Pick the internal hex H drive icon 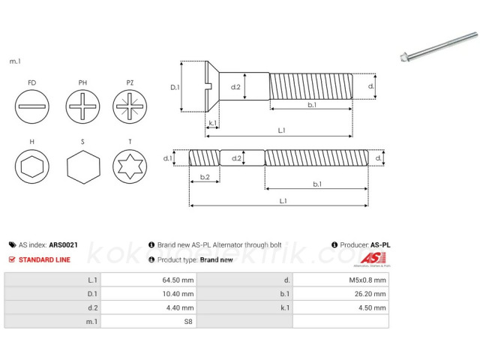[31, 166]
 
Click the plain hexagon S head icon [82, 166]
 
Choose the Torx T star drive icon [129, 166]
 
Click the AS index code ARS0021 [63, 244]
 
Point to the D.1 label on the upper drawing [175, 88]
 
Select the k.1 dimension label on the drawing [213, 123]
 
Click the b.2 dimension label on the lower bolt [204, 177]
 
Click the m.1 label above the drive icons [14, 61]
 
